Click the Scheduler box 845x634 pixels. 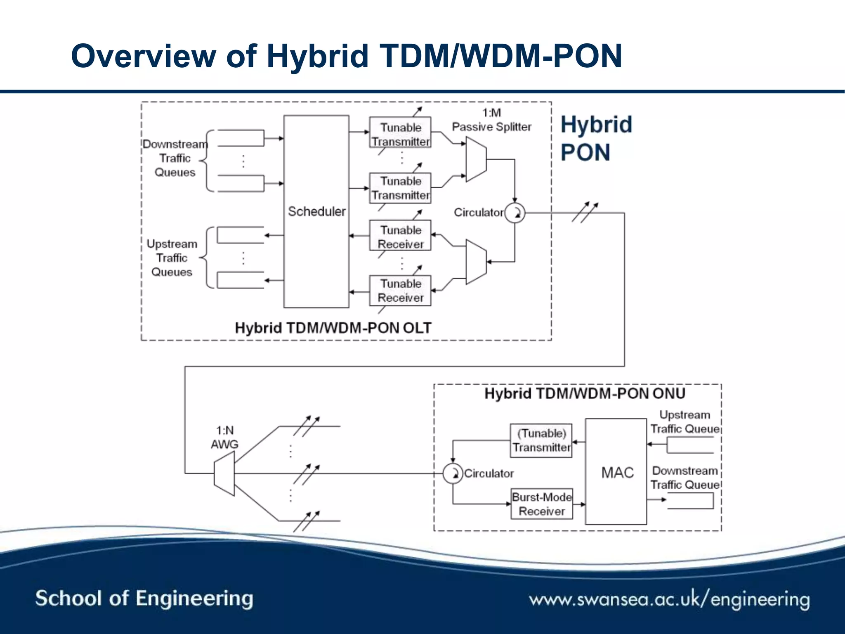pyautogui.click(x=316, y=211)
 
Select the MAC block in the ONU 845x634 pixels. pyautogui.click(x=616, y=472)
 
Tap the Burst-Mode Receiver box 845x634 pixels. pyautogui.click(x=541, y=504)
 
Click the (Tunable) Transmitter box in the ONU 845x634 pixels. pyautogui.click(x=541, y=440)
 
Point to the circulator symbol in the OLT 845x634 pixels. pyautogui.click(x=515, y=213)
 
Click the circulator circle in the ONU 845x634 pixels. pyautogui.click(x=453, y=473)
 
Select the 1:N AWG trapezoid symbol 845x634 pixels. pyautogui.click(x=224, y=473)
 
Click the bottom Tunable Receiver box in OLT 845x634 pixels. pyautogui.click(x=400, y=291)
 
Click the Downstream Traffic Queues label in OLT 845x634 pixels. pyautogui.click(x=175, y=158)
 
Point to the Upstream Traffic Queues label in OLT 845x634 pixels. pyautogui.click(x=172, y=258)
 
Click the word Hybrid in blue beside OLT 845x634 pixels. pyautogui.click(x=596, y=125)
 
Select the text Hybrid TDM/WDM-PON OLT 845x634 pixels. pyautogui.click(x=333, y=328)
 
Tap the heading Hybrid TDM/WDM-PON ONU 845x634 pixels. pyautogui.click(x=584, y=393)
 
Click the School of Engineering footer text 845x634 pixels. pyautogui.click(x=144, y=599)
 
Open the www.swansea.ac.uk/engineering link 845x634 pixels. pyautogui.click(x=669, y=599)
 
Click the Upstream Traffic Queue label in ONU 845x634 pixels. pyautogui.click(x=684, y=422)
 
